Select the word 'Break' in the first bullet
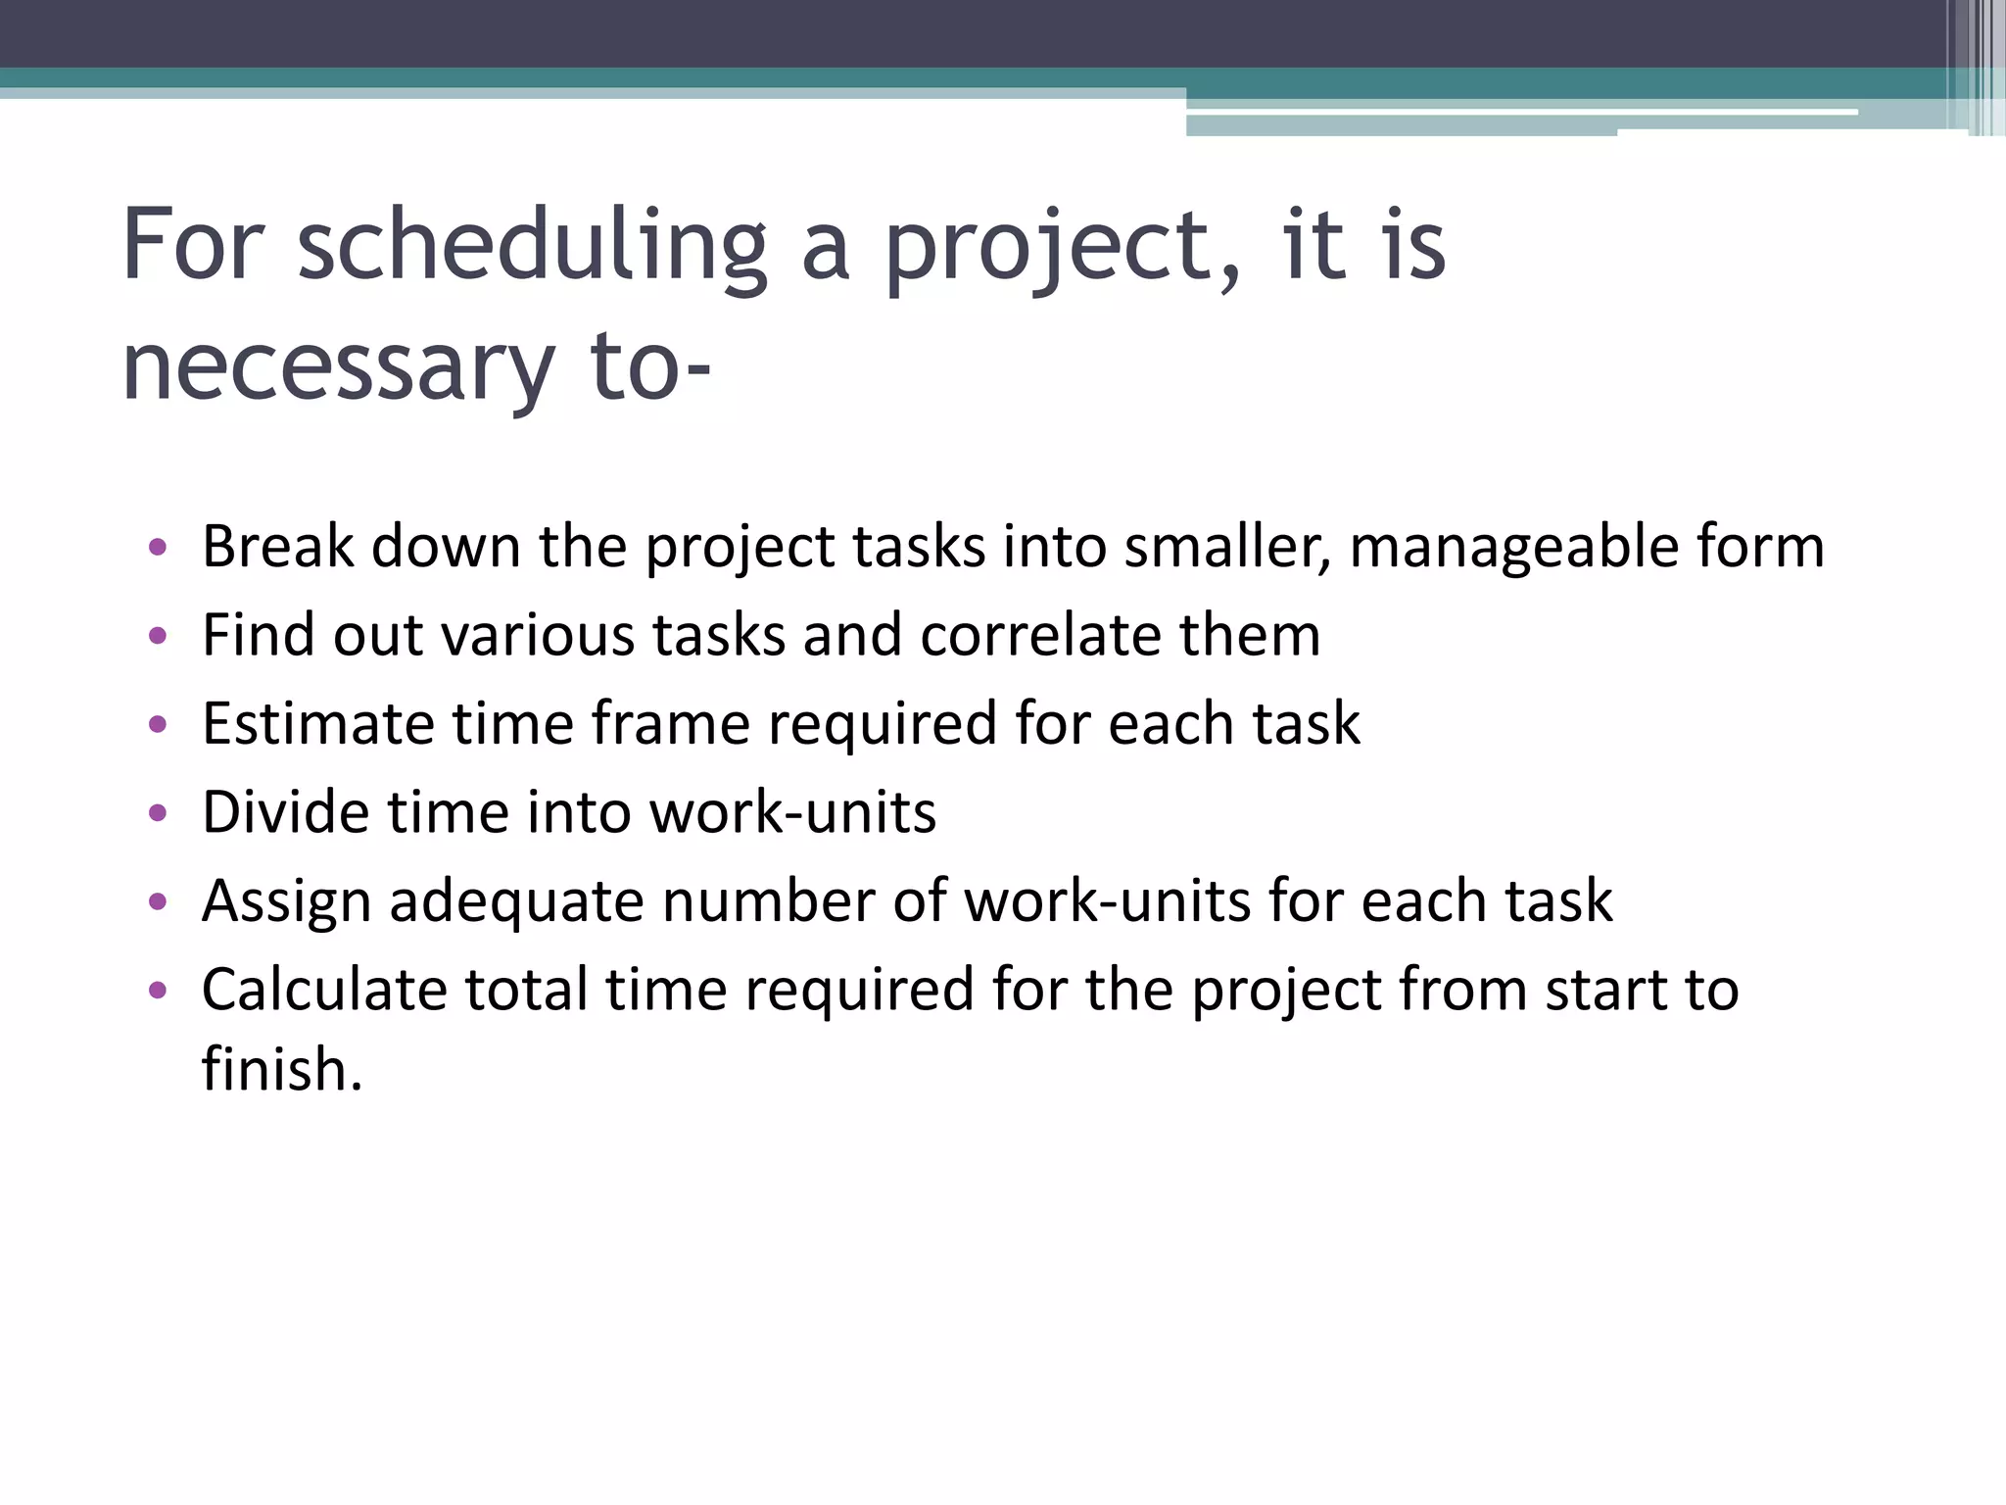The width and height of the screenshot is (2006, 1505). pos(277,546)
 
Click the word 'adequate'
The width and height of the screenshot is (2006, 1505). pos(516,901)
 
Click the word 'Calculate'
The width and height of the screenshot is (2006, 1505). pos(323,990)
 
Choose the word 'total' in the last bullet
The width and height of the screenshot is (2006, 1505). pos(525,990)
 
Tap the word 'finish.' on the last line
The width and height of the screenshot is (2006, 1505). pos(282,1069)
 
